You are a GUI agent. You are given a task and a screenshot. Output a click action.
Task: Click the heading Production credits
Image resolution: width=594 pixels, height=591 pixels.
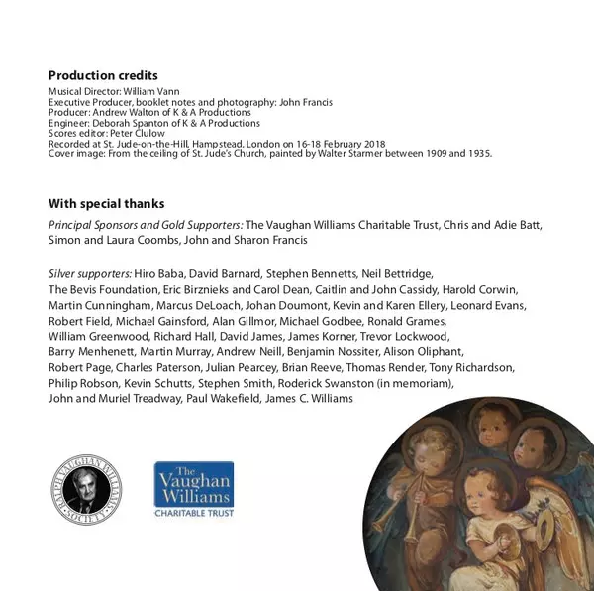coord(103,76)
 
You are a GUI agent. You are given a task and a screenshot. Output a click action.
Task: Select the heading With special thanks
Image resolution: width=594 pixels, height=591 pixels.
coord(106,204)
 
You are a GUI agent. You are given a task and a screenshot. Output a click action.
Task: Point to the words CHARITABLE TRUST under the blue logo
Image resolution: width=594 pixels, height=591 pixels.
coord(194,513)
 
